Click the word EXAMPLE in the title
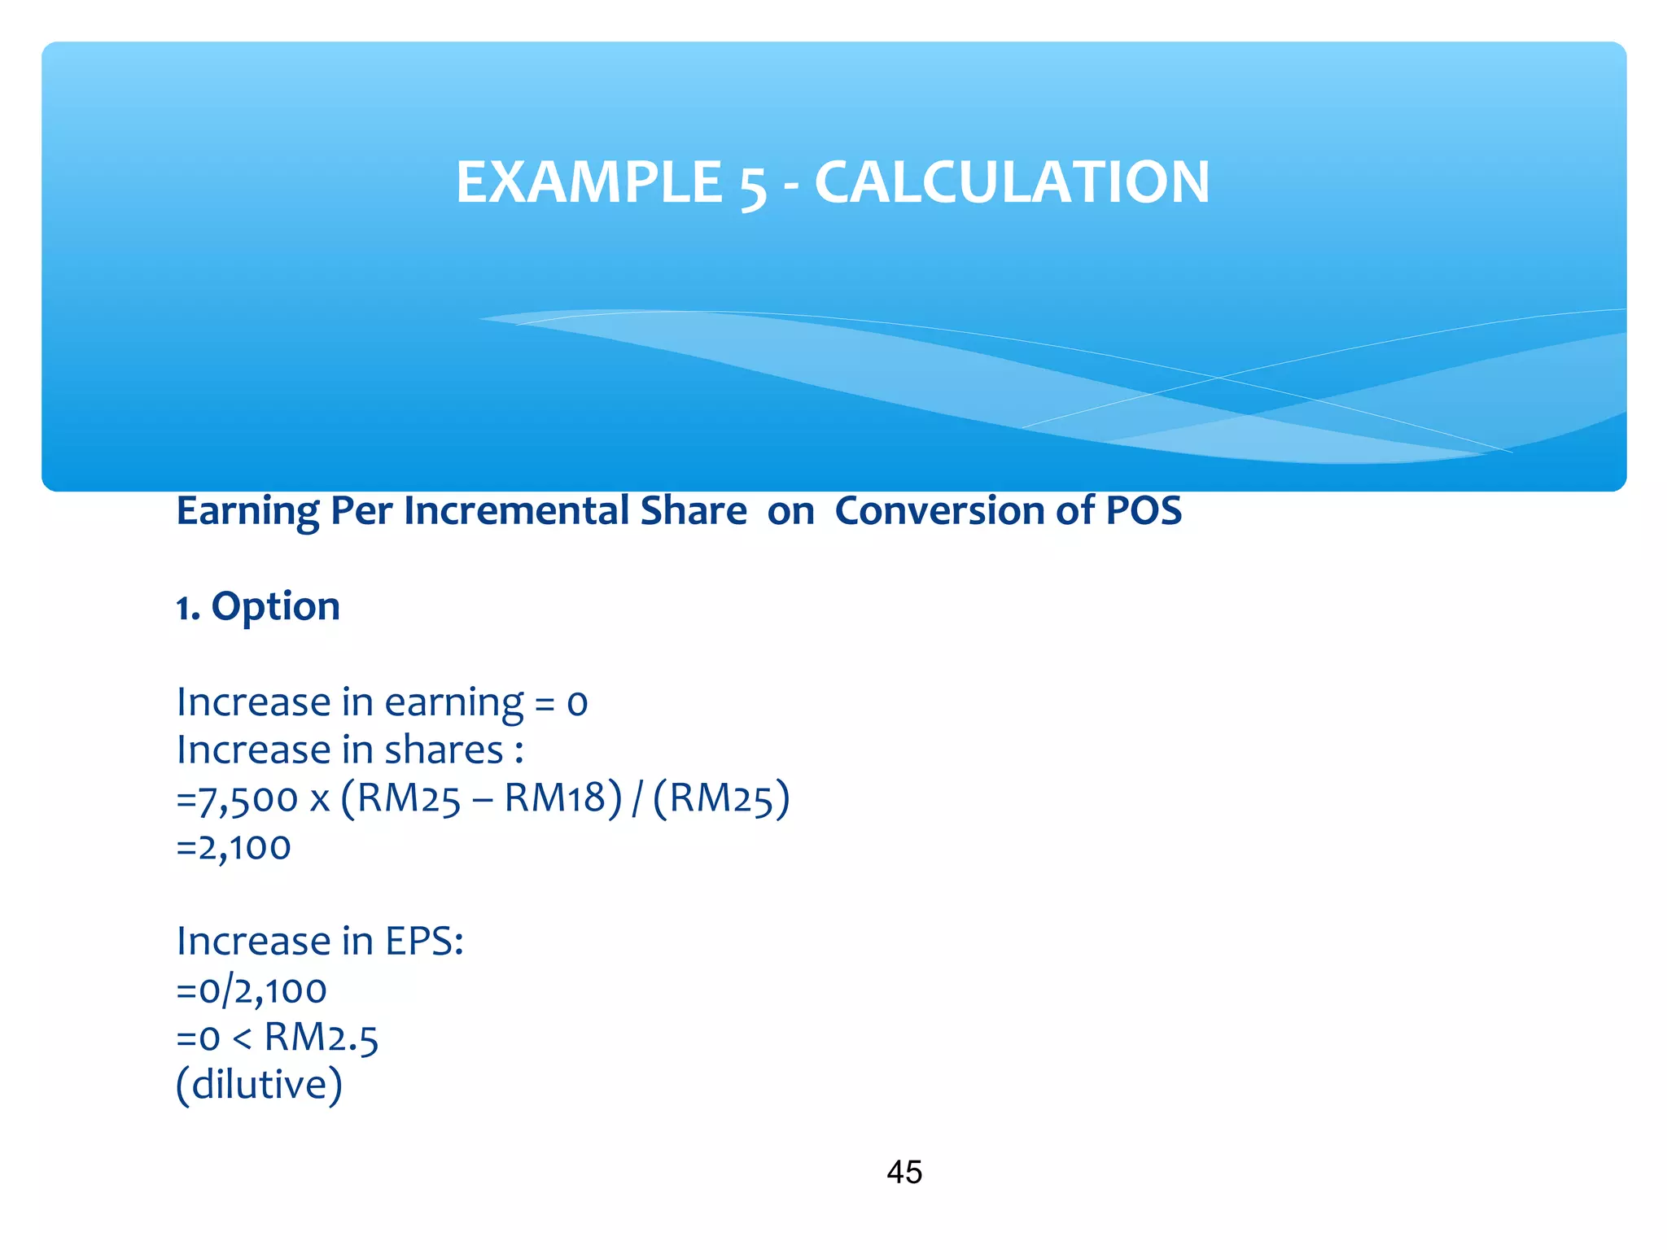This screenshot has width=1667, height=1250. click(x=588, y=181)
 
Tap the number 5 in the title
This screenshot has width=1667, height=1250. click(x=753, y=185)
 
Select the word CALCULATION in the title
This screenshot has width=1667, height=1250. click(x=1012, y=181)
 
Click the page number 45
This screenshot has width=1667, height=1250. click(x=904, y=1173)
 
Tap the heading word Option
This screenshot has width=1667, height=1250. click(x=275, y=607)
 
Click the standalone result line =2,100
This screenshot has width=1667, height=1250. click(x=234, y=847)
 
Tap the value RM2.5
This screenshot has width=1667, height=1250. click(x=322, y=1038)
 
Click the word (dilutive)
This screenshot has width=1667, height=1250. click(x=260, y=1086)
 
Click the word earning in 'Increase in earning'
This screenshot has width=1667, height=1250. click(x=453, y=703)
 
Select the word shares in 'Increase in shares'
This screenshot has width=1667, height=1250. click(x=444, y=750)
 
